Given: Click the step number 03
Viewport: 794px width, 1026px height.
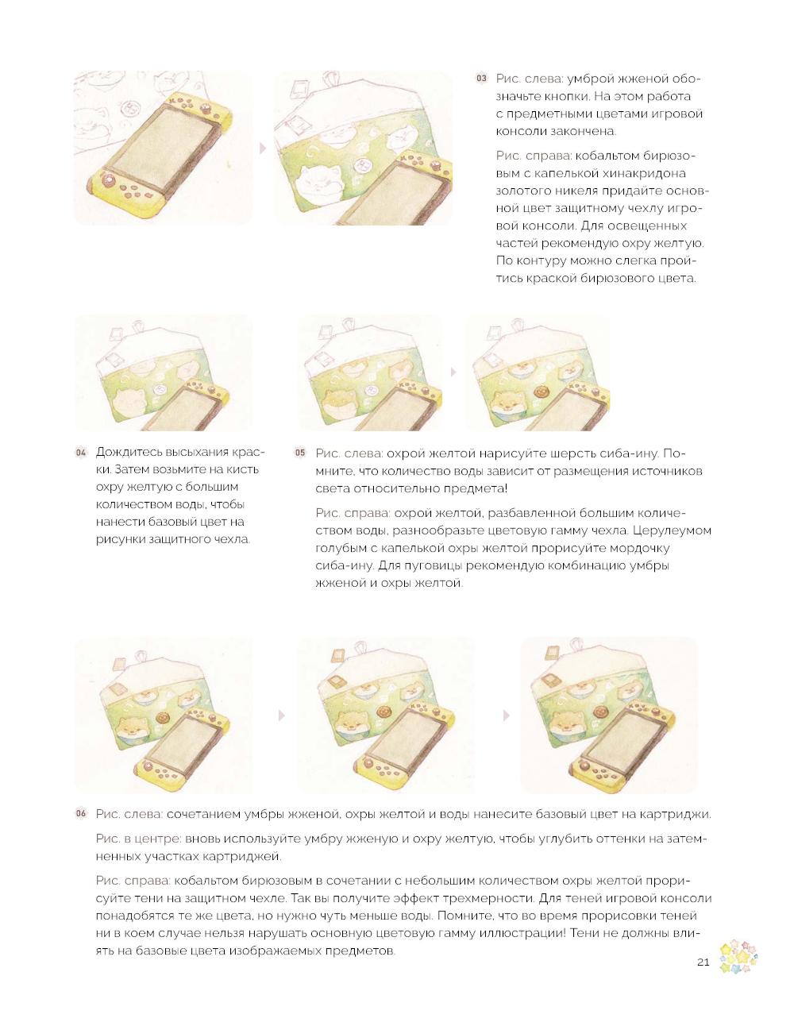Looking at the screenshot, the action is [481, 78].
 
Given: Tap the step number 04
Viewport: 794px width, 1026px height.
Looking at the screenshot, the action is [81, 453].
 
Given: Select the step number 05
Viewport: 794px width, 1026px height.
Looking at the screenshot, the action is [300, 453].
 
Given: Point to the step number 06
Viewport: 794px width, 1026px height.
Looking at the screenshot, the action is [81, 813].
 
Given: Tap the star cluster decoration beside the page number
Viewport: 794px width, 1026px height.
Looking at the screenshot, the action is [738, 957].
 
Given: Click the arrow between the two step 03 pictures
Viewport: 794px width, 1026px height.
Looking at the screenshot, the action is [263, 148].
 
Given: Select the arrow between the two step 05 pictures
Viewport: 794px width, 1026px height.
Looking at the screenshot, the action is [453, 372].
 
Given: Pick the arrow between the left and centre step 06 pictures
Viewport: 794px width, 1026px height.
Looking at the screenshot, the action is [282, 715].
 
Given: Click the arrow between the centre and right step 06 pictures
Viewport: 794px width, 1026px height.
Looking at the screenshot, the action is [507, 715].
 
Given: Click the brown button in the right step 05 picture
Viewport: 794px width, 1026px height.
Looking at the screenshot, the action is [539, 391].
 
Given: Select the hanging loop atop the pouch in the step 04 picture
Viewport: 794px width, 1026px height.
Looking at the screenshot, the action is [138, 326].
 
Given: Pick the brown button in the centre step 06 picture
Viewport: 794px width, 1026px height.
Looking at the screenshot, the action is [383, 711].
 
